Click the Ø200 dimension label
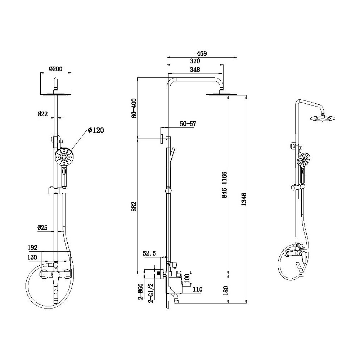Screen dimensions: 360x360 55,69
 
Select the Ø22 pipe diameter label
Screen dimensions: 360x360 43,114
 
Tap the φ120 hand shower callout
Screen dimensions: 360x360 96,130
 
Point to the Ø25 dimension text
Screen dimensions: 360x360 42,228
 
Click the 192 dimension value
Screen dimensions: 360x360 32,248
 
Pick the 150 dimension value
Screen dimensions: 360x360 32,257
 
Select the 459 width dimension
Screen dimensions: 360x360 202,53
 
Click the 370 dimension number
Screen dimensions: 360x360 195,61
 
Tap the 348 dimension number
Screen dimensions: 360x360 195,69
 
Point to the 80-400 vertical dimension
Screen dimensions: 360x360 134,108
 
